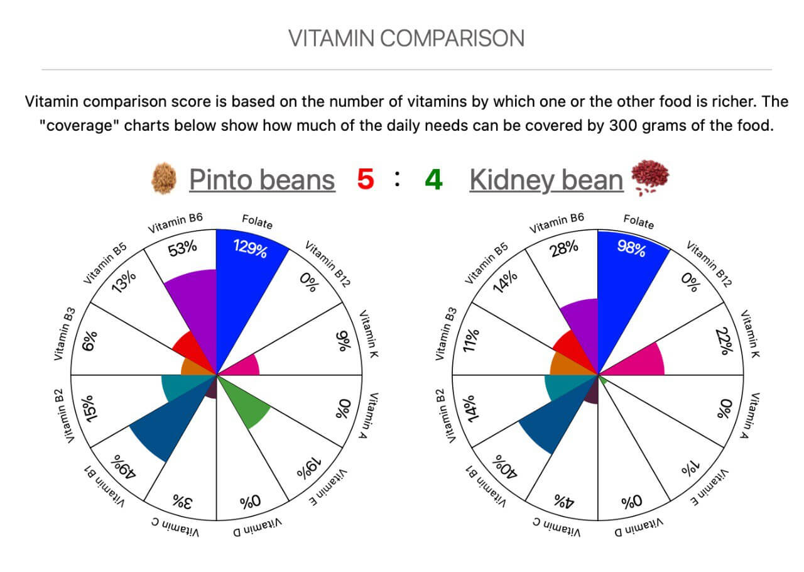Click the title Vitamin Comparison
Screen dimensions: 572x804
(x=406, y=38)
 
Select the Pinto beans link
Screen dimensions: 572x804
(x=262, y=180)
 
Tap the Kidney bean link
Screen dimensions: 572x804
(x=546, y=180)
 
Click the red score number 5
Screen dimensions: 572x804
(x=365, y=180)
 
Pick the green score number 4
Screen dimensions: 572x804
(x=433, y=180)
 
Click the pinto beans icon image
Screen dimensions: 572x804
(x=165, y=180)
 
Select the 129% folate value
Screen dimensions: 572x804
(x=251, y=248)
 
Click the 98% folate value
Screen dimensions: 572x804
(x=631, y=248)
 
